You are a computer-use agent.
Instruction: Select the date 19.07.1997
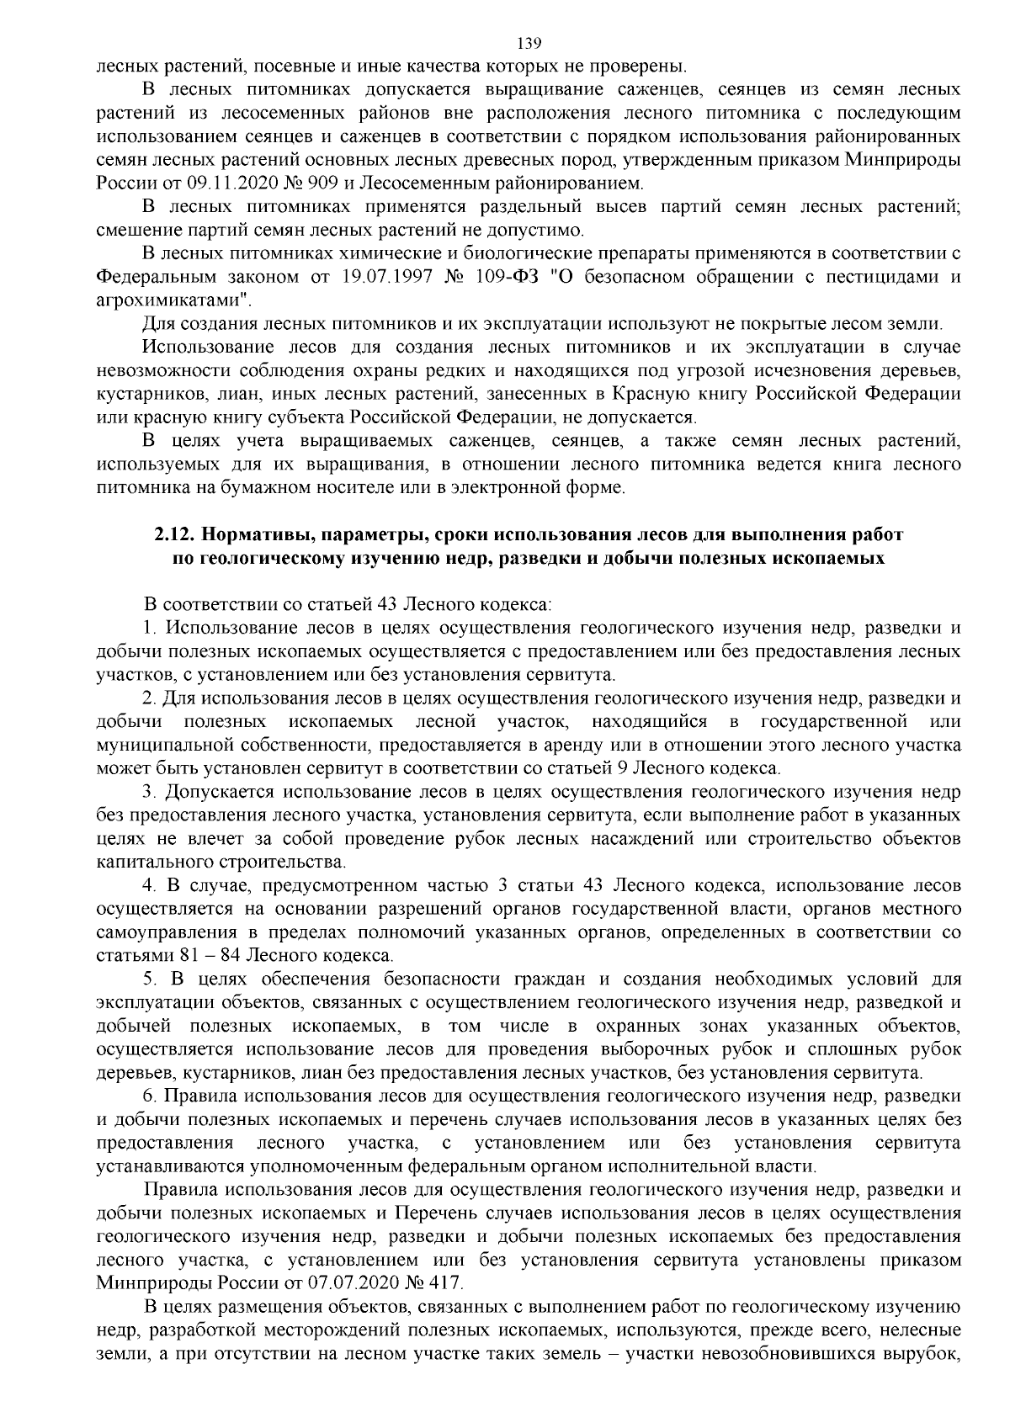click(x=389, y=276)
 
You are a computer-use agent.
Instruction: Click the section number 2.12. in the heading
click(x=175, y=535)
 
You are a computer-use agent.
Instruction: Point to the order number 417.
click(x=445, y=1283)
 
